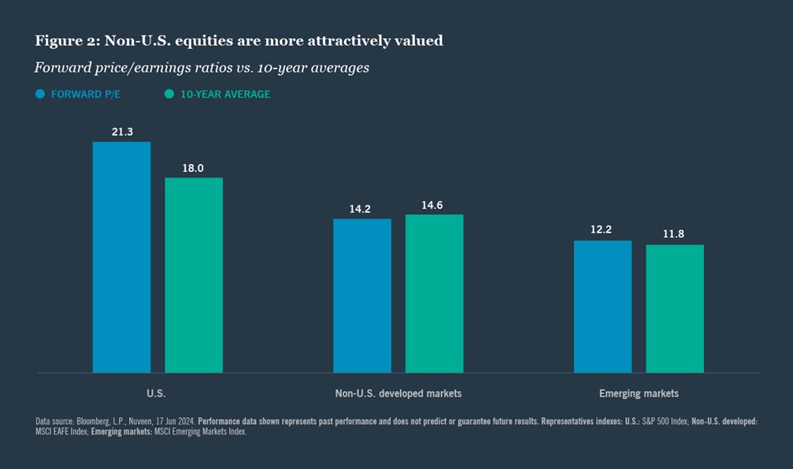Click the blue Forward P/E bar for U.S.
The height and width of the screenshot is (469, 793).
[121, 257]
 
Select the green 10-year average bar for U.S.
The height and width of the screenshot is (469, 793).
[194, 274]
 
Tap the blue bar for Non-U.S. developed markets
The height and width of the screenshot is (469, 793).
[362, 296]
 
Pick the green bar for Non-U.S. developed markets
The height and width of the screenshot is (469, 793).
[435, 293]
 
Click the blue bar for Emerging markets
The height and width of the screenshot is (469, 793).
[602, 307]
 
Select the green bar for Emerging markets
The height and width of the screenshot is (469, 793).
[675, 308]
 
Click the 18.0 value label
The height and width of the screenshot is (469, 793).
[194, 168]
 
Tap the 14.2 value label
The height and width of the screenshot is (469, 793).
[360, 209]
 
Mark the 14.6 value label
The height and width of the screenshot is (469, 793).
[432, 205]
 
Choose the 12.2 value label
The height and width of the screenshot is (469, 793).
[602, 231]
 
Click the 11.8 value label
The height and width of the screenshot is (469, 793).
[675, 235]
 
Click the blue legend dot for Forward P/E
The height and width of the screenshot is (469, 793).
[40, 94]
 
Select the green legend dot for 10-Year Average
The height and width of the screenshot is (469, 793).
[169, 94]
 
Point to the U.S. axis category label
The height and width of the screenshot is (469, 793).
[157, 393]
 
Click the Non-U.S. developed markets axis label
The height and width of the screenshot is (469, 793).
[398, 393]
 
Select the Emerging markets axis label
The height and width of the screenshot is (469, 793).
[639, 393]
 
